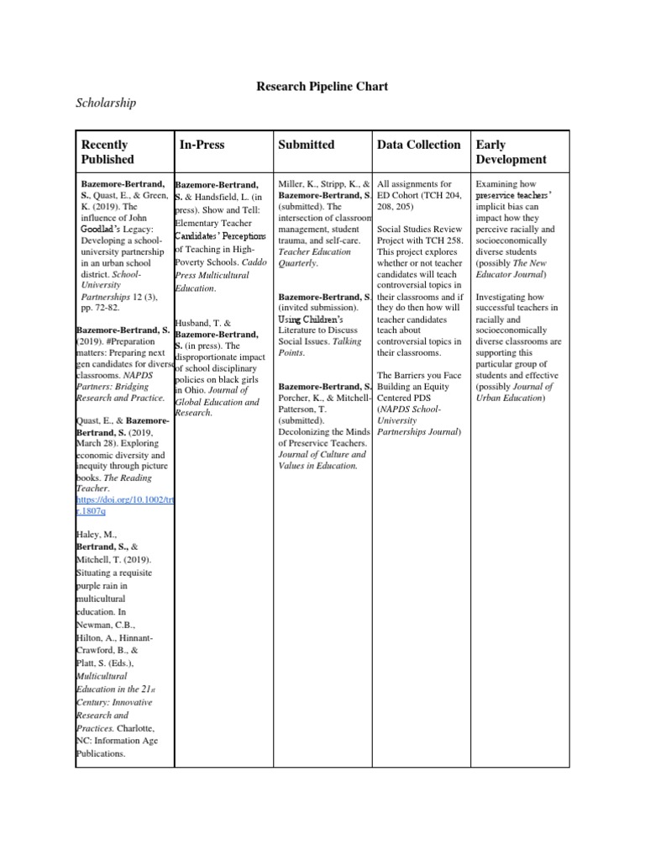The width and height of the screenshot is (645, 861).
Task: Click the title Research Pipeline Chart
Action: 322,87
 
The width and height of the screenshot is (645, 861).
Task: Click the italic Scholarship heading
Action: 107,103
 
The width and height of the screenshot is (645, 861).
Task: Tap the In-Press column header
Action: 202,145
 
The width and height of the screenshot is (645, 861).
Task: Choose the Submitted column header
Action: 306,145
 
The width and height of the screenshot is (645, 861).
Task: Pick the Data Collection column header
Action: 419,145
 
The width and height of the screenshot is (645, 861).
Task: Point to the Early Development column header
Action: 511,152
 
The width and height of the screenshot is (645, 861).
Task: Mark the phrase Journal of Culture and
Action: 322,454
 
